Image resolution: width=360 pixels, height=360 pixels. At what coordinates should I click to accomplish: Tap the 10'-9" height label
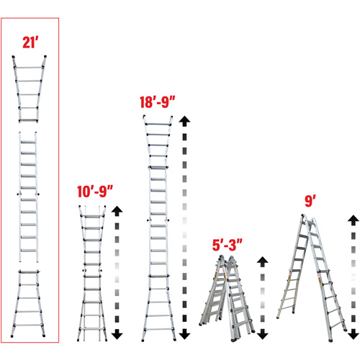click(96, 193)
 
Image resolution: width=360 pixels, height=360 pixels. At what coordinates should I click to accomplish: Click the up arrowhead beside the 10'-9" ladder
click(117, 212)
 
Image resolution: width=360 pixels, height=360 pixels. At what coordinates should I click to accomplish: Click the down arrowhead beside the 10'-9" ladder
click(117, 335)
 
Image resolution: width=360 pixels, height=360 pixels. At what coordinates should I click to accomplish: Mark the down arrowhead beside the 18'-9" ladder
click(185, 335)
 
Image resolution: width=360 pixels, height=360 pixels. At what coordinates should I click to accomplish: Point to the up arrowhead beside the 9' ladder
click(352, 219)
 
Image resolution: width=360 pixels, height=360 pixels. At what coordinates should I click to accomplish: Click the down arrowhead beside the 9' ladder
click(352, 335)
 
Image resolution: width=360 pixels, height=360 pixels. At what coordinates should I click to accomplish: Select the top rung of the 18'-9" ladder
click(159, 122)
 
